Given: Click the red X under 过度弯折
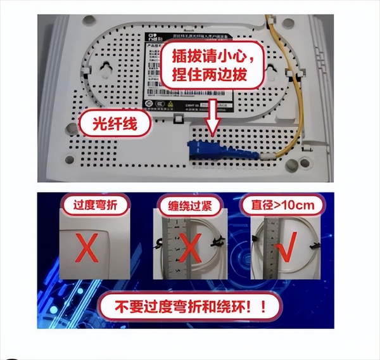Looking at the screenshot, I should [89, 250].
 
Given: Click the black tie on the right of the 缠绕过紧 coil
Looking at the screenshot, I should [218, 241].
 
